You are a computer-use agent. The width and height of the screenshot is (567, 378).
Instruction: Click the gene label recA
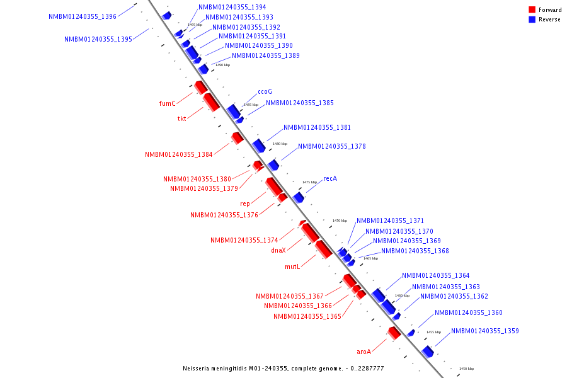(330, 178)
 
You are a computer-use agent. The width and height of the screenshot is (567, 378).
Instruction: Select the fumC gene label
(167, 103)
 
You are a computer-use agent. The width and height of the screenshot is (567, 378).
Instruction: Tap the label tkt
(181, 118)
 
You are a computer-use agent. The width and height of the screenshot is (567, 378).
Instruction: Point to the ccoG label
(265, 91)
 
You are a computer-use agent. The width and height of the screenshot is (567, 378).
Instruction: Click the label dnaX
(278, 250)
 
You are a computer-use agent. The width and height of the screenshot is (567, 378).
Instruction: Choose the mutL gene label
(292, 266)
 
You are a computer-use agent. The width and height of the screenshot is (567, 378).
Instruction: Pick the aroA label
(364, 352)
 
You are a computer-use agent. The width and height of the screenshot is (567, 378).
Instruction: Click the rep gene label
(245, 203)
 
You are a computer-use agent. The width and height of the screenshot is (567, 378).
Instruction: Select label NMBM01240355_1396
(83, 16)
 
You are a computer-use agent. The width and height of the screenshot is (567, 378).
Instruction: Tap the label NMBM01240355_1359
(485, 331)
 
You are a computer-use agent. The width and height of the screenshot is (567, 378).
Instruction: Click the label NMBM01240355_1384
(179, 154)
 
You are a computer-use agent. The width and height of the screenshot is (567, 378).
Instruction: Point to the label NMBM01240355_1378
(332, 146)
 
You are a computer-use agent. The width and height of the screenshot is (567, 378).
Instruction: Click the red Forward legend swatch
(532, 9)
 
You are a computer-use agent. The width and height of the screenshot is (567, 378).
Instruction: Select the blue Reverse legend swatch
(532, 20)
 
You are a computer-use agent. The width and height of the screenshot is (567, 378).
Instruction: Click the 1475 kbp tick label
(309, 182)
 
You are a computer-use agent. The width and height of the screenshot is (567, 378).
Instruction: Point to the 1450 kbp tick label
(466, 369)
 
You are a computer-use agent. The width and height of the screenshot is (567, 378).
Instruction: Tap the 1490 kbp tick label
(222, 65)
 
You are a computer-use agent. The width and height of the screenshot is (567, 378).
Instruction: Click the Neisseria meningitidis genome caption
(283, 368)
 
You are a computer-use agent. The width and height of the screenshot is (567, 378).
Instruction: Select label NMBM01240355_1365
(307, 316)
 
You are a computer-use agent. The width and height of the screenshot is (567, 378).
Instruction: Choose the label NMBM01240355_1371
(390, 220)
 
